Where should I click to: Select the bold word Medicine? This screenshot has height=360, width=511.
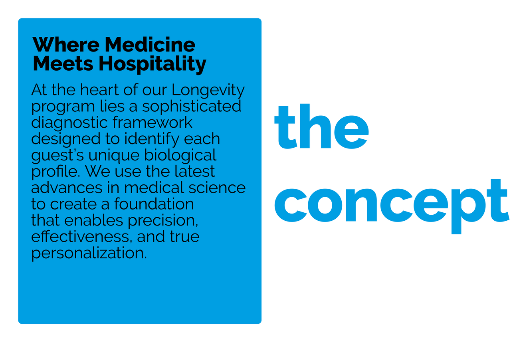pos(150,44)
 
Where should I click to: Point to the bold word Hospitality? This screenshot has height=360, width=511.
pos(153,65)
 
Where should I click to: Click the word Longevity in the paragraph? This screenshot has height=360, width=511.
pos(208,91)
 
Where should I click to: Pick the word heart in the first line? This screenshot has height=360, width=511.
pos(99,90)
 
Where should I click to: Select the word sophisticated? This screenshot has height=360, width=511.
pos(191,107)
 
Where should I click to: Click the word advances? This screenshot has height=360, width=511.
pos(67,188)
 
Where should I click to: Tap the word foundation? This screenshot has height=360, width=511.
pos(154,204)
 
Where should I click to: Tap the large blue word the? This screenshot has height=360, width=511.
pos(321,126)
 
